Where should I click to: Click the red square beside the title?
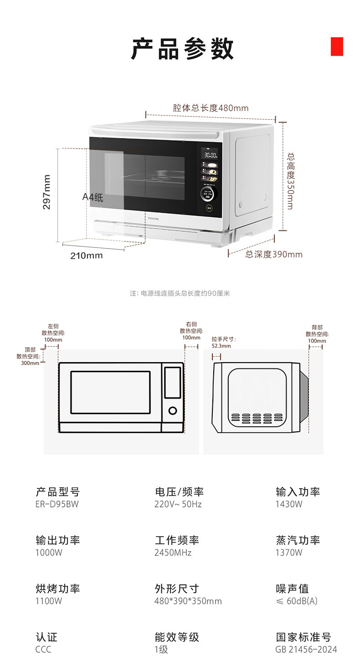[337, 46]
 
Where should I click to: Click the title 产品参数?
[182, 49]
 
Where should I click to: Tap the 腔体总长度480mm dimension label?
[211, 108]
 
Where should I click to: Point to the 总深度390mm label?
[274, 254]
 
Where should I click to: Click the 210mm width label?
[87, 256]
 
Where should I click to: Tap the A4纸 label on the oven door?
[93, 198]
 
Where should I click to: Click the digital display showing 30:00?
[210, 155]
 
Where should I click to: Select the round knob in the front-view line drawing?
[173, 411]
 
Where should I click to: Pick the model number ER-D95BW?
[57, 504]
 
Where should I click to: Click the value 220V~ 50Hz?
[178, 504]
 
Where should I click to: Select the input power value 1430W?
[288, 504]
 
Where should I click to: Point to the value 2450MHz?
[173, 552]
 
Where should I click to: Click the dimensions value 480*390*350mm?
[188, 601]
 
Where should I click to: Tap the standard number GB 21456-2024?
[306, 650]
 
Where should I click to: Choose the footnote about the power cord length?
[180, 293]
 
